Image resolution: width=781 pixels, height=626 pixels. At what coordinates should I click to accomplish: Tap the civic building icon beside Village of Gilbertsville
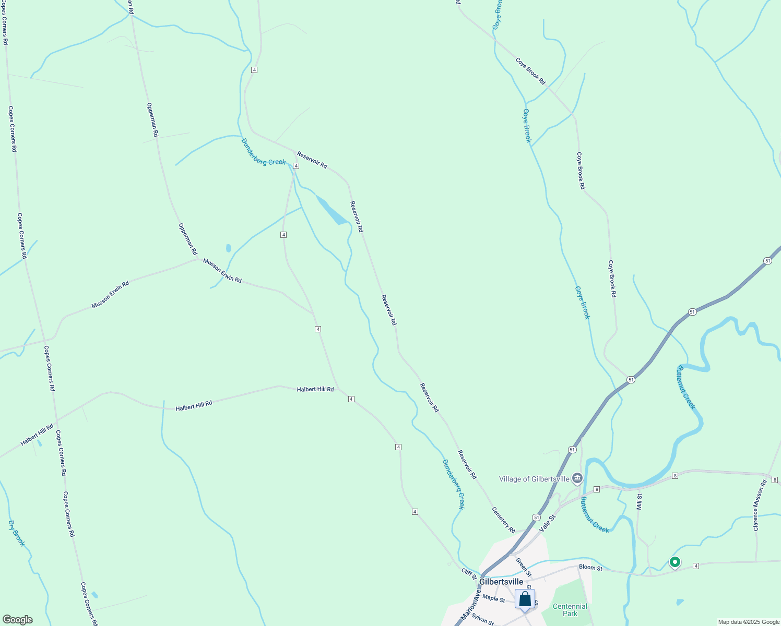577,478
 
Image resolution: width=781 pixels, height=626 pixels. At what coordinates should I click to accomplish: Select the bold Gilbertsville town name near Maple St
501,582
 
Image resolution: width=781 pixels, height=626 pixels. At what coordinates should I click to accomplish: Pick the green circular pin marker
675,562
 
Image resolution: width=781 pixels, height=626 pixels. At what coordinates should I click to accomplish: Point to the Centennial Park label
570,610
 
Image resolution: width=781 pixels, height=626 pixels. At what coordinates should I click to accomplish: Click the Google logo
17,620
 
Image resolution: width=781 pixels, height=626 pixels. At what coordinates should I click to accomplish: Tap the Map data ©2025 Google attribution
748,622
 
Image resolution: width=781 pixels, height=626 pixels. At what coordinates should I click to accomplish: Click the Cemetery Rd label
504,520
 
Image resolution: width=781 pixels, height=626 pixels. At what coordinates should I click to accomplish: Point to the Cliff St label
469,572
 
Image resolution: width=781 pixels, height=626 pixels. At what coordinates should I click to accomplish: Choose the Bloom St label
590,568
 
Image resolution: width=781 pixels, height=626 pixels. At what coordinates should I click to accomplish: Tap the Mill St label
639,502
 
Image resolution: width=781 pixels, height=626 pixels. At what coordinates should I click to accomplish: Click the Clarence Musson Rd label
760,505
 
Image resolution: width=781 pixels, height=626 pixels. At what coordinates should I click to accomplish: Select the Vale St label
548,522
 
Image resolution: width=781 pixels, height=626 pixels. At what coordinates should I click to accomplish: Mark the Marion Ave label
470,605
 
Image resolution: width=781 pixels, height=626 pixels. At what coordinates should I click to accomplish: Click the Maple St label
494,598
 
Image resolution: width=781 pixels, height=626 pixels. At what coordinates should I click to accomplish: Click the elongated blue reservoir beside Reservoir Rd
331,211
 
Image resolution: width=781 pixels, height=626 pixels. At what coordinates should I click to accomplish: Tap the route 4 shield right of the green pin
696,566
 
